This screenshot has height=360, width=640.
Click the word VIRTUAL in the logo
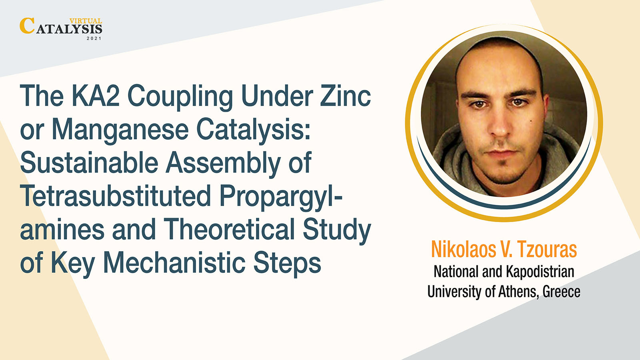pyautogui.click(x=86, y=21)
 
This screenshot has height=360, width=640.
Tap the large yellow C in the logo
pyautogui.click(x=27, y=26)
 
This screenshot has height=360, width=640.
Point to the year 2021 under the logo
pyautogui.click(x=94, y=38)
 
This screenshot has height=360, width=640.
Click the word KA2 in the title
pyautogui.click(x=95, y=96)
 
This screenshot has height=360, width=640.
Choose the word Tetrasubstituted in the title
pyautogui.click(x=116, y=196)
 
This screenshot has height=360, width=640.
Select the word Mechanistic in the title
pyautogui.click(x=174, y=262)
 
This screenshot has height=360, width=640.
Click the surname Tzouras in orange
pyautogui.click(x=547, y=250)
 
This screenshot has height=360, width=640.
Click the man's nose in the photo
pyautogui.click(x=499, y=126)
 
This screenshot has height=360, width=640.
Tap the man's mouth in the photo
pyautogui.click(x=502, y=154)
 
